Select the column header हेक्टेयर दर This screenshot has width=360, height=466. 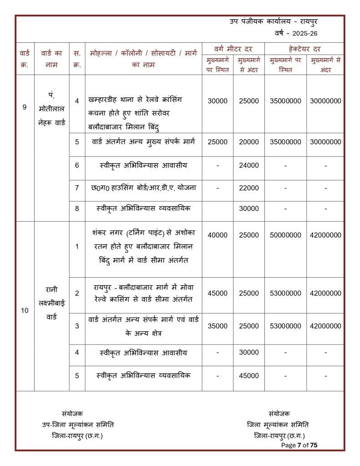click(304, 49)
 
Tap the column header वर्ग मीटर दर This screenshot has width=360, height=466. click(233, 49)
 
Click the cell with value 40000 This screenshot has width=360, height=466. click(218, 235)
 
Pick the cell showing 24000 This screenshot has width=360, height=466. click(248, 165)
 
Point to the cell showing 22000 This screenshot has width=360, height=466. click(248, 187)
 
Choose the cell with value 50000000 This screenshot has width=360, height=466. click(285, 235)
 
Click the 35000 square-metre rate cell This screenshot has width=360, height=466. click(218, 326)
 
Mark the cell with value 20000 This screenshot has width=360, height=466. click(248, 142)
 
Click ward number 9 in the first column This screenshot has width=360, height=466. click(25, 107)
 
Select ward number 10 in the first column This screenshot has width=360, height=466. click(25, 311)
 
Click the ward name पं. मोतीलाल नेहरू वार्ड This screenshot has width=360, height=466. click(51, 109)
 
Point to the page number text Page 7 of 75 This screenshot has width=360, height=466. click(299, 445)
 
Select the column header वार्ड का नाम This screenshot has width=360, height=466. click(51, 59)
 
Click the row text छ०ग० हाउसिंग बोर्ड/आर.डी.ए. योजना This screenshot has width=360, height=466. click(143, 187)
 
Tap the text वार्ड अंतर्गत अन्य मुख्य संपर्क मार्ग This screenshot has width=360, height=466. click(143, 142)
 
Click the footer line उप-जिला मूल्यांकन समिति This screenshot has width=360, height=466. click(78, 425)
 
